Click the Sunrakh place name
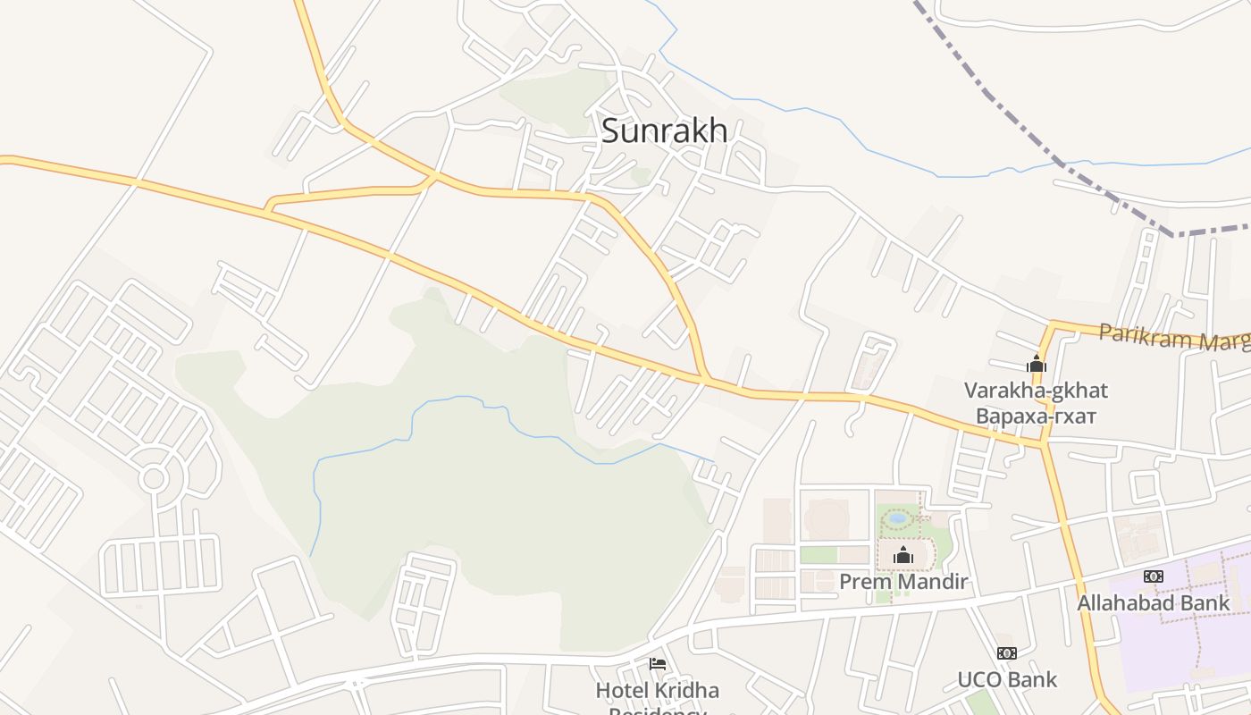coord(664,130)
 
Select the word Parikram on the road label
coord(1145,335)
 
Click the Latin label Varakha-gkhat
coord(1036,391)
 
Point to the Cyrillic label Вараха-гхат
coord(1036,416)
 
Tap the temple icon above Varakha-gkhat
coord(1037,364)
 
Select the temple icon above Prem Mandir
coord(903,555)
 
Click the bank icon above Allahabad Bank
coord(1154,576)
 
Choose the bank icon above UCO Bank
coord(1007,653)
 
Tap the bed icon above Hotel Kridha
coord(658,664)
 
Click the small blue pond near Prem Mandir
coord(898,517)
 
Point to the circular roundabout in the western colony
coord(154,478)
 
